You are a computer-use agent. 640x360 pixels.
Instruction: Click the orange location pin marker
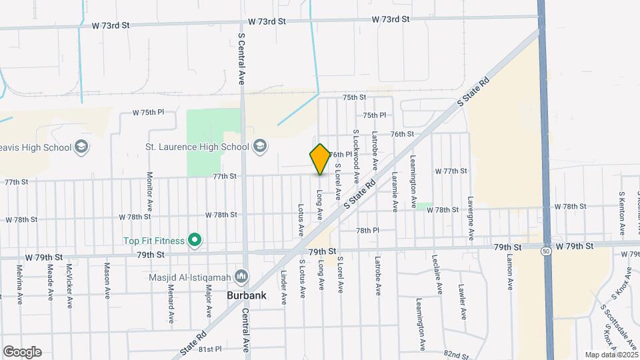[x=320, y=159]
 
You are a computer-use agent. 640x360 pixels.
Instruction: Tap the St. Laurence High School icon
[x=260, y=147]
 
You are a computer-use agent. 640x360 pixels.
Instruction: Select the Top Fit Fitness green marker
[x=195, y=239]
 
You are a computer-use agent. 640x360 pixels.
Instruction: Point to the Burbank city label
[x=247, y=294]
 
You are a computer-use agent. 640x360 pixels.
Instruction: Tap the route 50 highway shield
[x=545, y=251]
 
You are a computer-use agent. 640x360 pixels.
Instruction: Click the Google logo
[x=22, y=352]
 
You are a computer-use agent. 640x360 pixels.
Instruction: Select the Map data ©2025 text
[x=611, y=355]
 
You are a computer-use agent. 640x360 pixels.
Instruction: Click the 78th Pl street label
[x=367, y=230]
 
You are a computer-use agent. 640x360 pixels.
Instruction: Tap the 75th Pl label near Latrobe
[x=375, y=115]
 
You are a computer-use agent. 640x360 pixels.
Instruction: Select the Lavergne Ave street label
[x=471, y=218]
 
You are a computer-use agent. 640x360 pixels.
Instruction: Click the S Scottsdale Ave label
[x=617, y=327]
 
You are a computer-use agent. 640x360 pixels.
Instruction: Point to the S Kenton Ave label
[x=621, y=213]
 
